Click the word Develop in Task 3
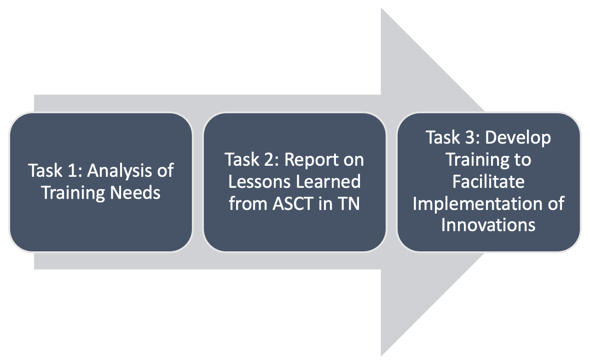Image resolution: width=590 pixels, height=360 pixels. (519, 138)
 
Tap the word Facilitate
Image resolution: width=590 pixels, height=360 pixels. (488, 181)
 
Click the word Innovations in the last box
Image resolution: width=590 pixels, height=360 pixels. (488, 225)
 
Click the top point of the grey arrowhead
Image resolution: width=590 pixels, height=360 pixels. (382, 9)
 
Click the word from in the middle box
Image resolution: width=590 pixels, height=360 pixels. (249, 203)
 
